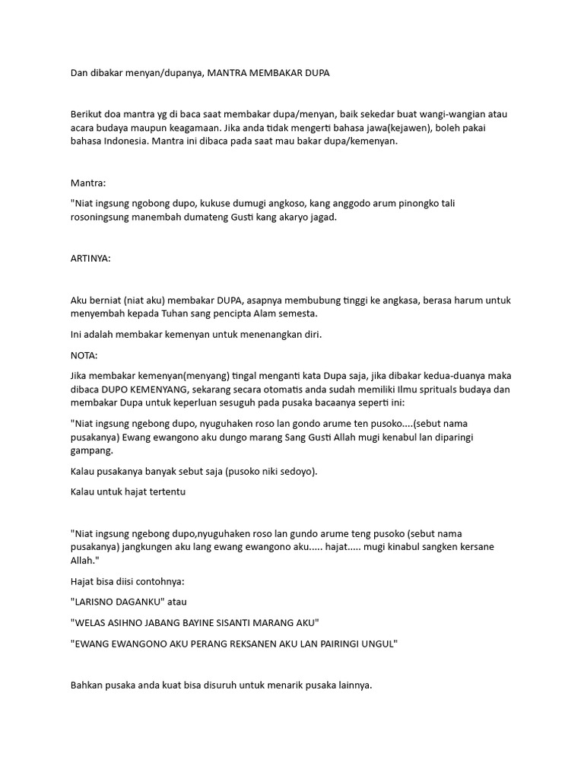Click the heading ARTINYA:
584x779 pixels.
[90, 259]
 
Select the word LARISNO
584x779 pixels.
[97, 602]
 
